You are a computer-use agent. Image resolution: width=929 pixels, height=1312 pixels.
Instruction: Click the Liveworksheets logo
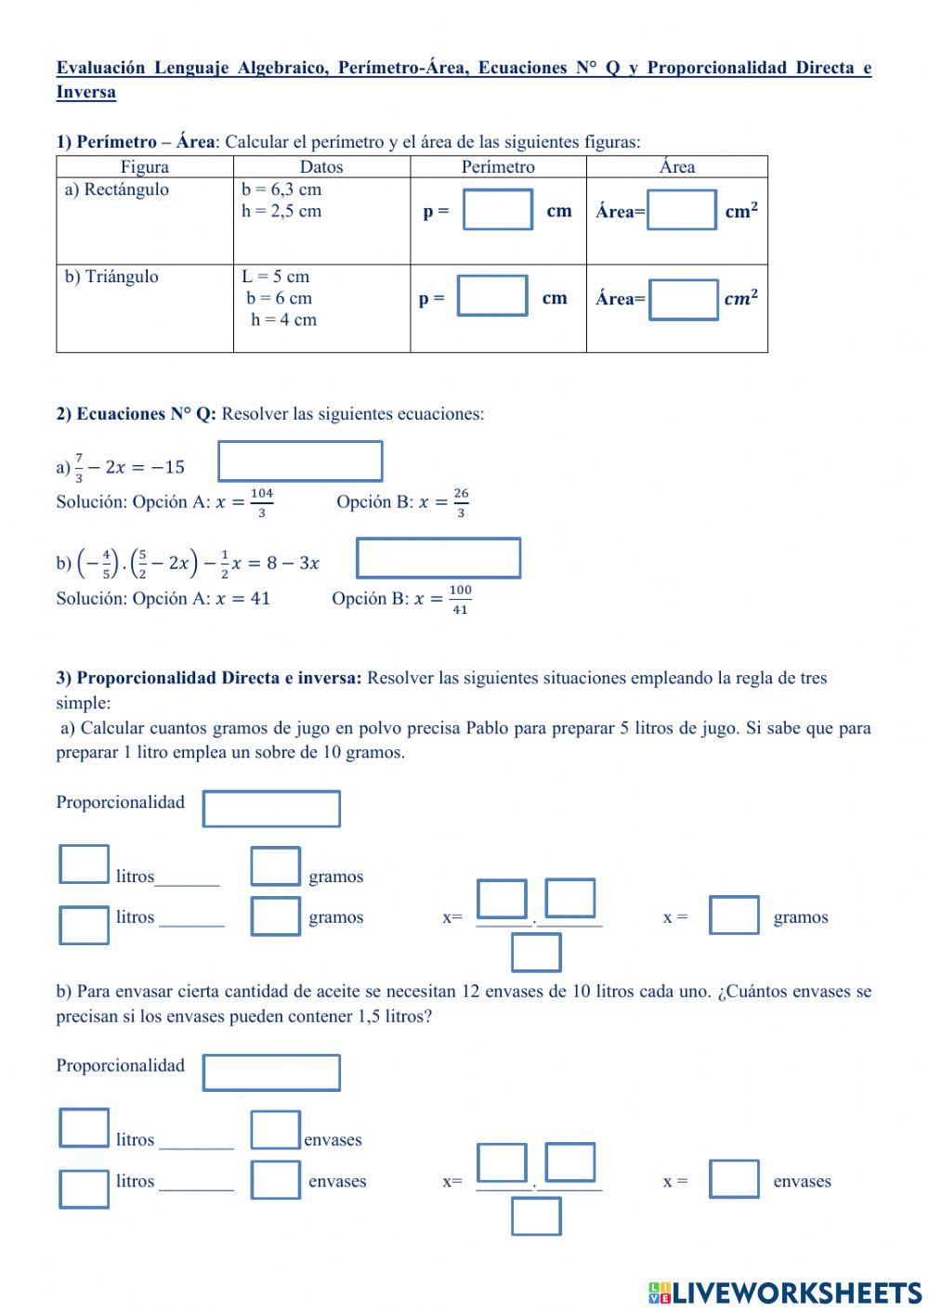[x=784, y=1293]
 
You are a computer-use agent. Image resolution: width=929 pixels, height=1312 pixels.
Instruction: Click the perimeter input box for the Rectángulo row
[x=498, y=210]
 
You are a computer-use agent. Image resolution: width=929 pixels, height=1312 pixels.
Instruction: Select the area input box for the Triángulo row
[x=683, y=299]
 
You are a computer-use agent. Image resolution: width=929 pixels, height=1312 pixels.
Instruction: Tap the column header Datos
[x=321, y=167]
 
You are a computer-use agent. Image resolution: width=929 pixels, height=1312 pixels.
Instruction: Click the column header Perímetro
[x=498, y=167]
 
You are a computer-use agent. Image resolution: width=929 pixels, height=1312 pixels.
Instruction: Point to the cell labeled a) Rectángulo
[x=117, y=189]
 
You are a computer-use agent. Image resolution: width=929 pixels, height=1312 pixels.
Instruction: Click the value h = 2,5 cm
[x=281, y=211]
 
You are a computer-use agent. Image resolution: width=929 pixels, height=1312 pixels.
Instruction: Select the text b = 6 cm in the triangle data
[x=279, y=298]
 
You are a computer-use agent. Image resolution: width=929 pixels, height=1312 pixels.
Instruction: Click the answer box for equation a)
[x=300, y=461]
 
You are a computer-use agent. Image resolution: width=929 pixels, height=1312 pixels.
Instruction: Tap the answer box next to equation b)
[x=438, y=558]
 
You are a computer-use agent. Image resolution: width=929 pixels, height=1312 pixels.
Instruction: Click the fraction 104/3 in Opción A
[x=261, y=502]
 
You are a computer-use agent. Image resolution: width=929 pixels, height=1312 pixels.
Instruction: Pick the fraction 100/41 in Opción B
[x=460, y=600]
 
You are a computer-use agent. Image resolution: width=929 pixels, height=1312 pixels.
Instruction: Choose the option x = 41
[x=242, y=599]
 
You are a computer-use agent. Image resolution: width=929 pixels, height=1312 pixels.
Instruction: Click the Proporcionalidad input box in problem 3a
[x=271, y=808]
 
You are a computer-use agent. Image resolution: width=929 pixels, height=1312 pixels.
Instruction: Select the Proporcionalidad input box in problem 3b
[x=271, y=1072]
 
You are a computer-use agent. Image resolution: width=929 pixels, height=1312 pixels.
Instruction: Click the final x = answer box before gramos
[x=734, y=915]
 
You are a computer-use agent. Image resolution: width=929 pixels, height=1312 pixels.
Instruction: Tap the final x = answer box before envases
[x=734, y=1179]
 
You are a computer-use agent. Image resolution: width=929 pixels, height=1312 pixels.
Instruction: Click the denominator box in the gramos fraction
[x=536, y=952]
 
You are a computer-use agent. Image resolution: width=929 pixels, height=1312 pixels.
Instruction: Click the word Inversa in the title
[x=86, y=92]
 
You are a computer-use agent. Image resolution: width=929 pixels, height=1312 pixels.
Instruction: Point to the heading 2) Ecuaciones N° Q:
[x=137, y=414]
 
